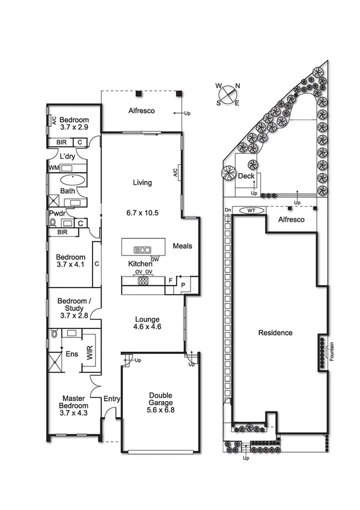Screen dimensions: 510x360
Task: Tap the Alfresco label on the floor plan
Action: click(x=142, y=111)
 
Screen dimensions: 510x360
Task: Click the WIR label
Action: click(x=90, y=353)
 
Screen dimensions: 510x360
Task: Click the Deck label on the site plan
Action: click(x=245, y=176)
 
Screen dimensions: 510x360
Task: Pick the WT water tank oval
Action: click(x=251, y=210)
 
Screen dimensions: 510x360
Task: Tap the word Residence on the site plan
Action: click(x=275, y=333)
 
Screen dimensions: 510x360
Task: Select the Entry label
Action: click(x=111, y=399)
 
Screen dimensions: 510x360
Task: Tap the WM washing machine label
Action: click(x=53, y=167)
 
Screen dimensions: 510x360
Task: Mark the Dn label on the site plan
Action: click(x=228, y=210)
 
